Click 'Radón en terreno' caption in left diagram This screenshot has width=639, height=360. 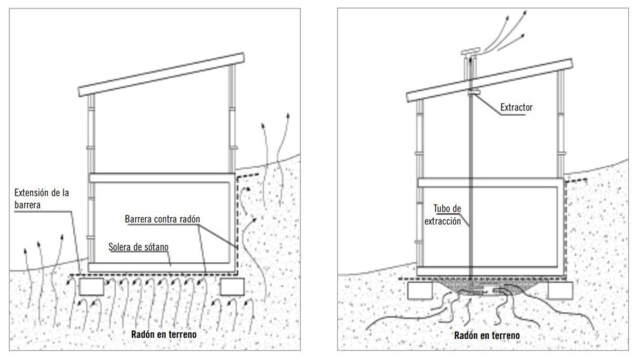click(x=164, y=334)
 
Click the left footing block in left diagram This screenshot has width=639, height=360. click(x=91, y=287)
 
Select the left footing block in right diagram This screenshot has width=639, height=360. click(x=420, y=289)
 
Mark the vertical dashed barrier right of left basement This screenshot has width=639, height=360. click(x=238, y=225)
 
